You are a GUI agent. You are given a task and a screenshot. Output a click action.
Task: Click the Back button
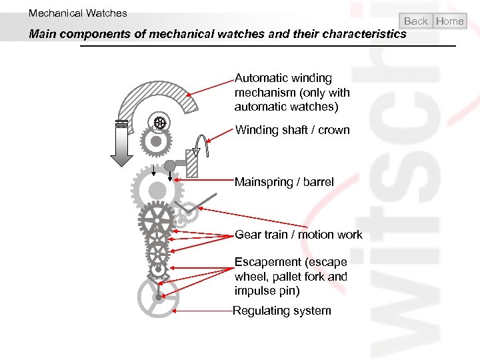[416, 21]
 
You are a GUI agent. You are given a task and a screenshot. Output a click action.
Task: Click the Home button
[449, 21]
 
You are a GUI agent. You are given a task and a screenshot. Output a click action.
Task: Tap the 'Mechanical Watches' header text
[77, 13]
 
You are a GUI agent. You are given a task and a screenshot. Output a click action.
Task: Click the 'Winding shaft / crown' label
[292, 130]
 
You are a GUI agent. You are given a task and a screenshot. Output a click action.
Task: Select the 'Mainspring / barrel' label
[284, 182]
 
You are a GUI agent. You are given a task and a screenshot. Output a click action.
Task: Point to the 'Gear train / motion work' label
[298, 234]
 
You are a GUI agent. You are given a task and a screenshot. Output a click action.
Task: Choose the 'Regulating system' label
[281, 311]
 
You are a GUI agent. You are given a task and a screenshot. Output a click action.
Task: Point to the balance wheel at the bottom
[158, 297]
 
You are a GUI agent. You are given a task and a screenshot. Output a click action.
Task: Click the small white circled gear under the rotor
[159, 122]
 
